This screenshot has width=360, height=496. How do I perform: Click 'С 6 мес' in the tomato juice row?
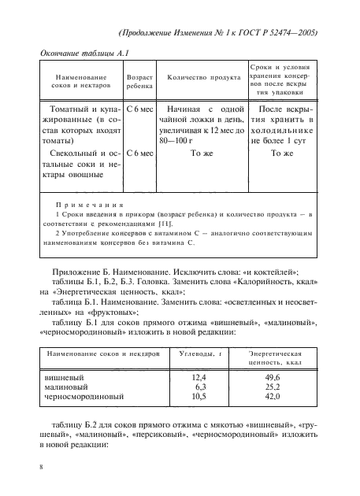(x=139, y=106)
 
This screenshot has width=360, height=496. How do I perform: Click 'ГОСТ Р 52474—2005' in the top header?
(x=269, y=33)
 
